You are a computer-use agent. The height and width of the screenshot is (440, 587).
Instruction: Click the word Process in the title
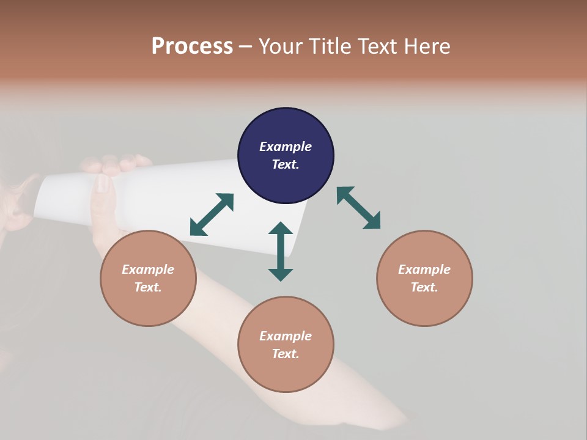pyautogui.click(x=192, y=46)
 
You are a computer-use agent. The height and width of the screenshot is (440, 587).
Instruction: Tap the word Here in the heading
pyautogui.click(x=426, y=46)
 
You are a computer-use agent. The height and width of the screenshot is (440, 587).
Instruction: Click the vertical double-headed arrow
pyautogui.click(x=281, y=251)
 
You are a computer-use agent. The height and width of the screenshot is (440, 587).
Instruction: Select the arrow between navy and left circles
pyautogui.click(x=212, y=215)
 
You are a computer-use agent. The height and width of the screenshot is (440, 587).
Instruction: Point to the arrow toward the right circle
pyautogui.click(x=359, y=208)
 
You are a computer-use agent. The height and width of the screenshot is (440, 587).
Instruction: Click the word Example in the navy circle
pyautogui.click(x=286, y=147)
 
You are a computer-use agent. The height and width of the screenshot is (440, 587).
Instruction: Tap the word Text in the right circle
pyautogui.click(x=424, y=287)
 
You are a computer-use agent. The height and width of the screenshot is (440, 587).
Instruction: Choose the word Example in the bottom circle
pyautogui.click(x=286, y=336)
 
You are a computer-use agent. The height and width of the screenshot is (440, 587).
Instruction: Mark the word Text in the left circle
pyautogui.click(x=147, y=287)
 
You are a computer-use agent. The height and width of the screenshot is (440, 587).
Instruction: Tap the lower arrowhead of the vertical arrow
pyautogui.click(x=281, y=274)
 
